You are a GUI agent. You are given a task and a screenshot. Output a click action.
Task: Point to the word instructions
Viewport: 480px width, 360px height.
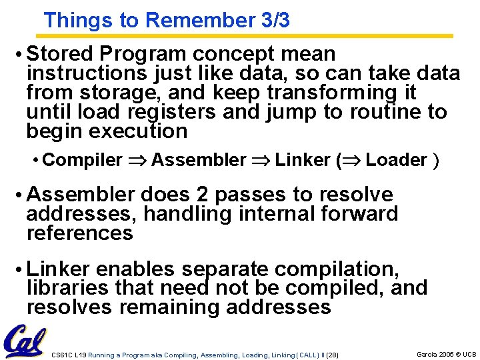click(x=77, y=73)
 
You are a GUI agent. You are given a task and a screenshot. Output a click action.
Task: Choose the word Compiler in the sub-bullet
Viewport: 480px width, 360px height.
click(x=82, y=160)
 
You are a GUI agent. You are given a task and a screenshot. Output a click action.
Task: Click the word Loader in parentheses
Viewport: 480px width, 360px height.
click(x=396, y=160)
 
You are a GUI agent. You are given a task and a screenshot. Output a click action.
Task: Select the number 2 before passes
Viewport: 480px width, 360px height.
click(x=203, y=195)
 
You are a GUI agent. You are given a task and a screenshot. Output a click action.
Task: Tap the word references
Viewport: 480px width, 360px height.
click(x=79, y=233)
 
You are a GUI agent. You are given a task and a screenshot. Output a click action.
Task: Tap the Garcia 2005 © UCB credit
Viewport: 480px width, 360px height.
click(x=446, y=354)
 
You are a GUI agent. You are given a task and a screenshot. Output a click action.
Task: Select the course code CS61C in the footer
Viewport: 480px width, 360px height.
click(x=62, y=355)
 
